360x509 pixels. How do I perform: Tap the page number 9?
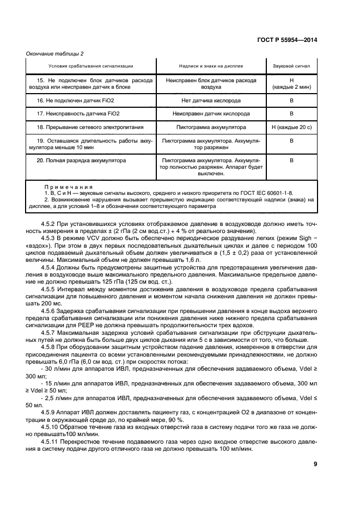pos(315,464)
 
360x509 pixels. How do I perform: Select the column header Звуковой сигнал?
pos(291,66)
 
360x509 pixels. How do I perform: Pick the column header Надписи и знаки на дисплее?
pos(211,66)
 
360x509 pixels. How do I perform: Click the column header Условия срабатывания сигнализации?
pos(90,66)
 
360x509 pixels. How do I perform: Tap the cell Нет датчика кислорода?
pos(211,100)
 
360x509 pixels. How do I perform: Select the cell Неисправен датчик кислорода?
pos(211,114)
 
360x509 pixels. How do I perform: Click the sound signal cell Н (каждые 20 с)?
pos(291,127)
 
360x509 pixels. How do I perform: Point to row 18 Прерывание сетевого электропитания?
pos(90,127)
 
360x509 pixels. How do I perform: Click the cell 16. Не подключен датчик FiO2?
pos(75,100)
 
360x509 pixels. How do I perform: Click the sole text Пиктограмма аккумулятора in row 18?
pos(211,127)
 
